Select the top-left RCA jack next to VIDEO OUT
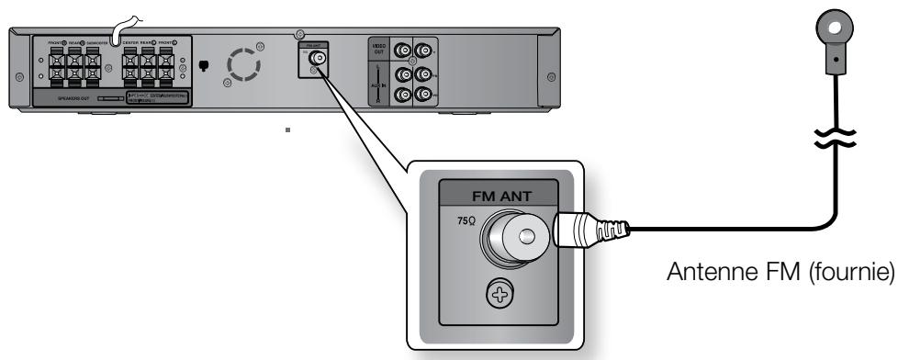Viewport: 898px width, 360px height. click(402, 52)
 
